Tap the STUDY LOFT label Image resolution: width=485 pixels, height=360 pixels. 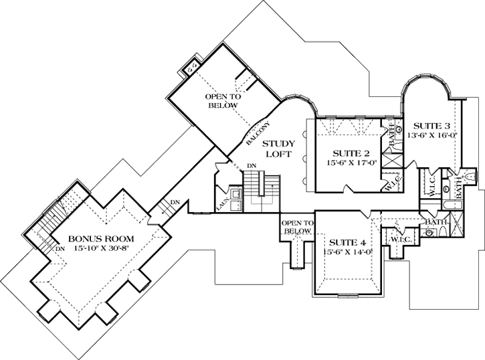(x=275, y=149)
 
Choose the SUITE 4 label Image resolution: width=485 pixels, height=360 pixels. (x=343, y=242)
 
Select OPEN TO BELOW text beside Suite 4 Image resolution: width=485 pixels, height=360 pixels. (x=296, y=227)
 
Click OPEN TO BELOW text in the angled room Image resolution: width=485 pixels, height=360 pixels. (x=223, y=101)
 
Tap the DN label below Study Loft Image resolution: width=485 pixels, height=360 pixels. (x=252, y=166)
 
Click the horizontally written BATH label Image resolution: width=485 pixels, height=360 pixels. (x=436, y=221)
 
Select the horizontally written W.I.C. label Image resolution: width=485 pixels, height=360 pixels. (x=399, y=239)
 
